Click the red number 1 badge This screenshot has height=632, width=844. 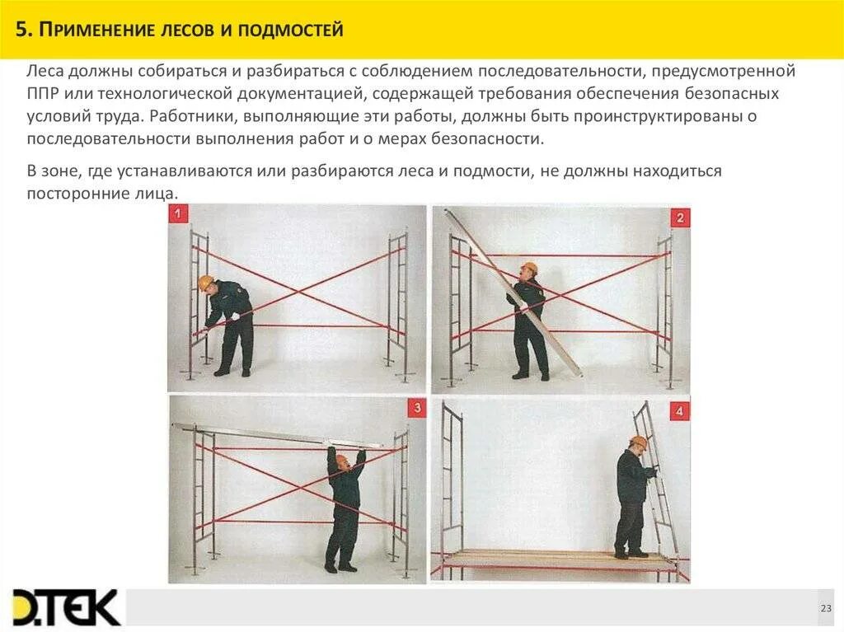[x=178, y=213]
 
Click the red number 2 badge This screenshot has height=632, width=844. [x=680, y=218]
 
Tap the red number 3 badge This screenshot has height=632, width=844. [x=417, y=408]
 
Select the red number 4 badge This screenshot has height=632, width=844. [x=679, y=411]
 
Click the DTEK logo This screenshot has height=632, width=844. [x=66, y=608]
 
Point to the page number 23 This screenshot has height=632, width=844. [x=826, y=608]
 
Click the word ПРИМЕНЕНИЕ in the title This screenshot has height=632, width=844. [x=97, y=30]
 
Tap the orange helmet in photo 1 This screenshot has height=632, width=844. [x=205, y=282]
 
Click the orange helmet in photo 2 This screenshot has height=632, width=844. [x=529, y=268]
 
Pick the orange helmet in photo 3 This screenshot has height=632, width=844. [x=341, y=461]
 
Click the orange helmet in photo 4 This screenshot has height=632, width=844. [x=639, y=442]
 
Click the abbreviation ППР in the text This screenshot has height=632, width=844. [x=43, y=94]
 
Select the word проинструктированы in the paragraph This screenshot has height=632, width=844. [x=658, y=116]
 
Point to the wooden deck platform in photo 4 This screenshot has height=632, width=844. [x=556, y=559]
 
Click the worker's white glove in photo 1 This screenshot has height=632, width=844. [x=235, y=317]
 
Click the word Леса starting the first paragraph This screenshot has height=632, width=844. [x=45, y=71]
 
